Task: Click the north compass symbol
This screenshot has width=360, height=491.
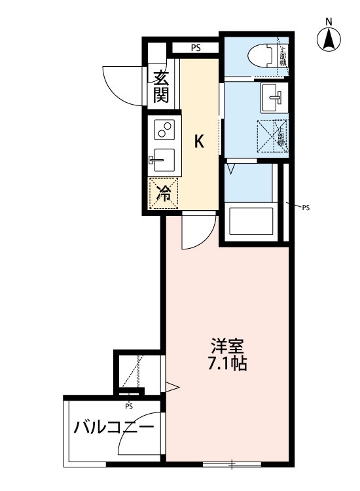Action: (x=330, y=41)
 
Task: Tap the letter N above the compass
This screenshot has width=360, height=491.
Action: (x=330, y=21)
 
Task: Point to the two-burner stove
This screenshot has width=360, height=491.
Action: (x=164, y=130)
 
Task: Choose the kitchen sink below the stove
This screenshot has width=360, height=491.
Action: (x=164, y=159)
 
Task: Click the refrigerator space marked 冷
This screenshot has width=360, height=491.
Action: (x=164, y=193)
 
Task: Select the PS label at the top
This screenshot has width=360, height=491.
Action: (x=196, y=47)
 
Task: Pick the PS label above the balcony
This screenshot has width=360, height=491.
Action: (x=129, y=405)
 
